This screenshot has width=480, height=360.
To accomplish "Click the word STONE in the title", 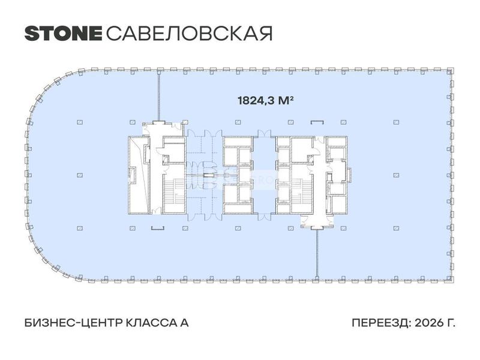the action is point(63,34).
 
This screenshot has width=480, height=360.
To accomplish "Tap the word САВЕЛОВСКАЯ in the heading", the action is point(189,34).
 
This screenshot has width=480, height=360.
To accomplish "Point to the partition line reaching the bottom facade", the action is point(317,253).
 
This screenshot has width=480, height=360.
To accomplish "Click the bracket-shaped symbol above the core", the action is point(317,122).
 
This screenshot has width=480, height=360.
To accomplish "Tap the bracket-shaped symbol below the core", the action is point(158,228).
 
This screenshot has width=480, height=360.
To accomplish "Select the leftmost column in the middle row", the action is point(80,175).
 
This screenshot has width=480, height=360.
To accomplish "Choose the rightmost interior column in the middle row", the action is point(396,175).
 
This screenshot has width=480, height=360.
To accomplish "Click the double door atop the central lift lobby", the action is point(264,133).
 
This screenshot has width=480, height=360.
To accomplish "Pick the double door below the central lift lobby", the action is point(264,217).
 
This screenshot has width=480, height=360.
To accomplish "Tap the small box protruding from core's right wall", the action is point(349,175).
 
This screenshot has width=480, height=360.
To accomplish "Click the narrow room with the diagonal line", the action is point(139,175).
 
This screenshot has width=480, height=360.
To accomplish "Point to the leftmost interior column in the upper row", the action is point(80,122).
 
